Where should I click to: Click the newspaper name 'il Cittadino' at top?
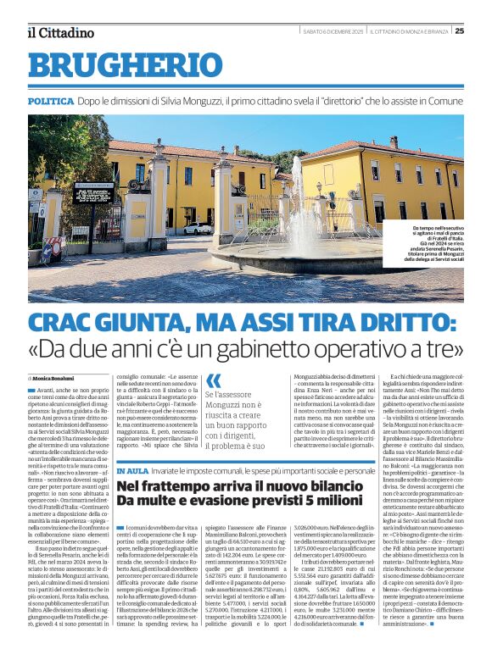click(x=59, y=32)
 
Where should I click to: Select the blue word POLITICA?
click(x=51, y=100)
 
